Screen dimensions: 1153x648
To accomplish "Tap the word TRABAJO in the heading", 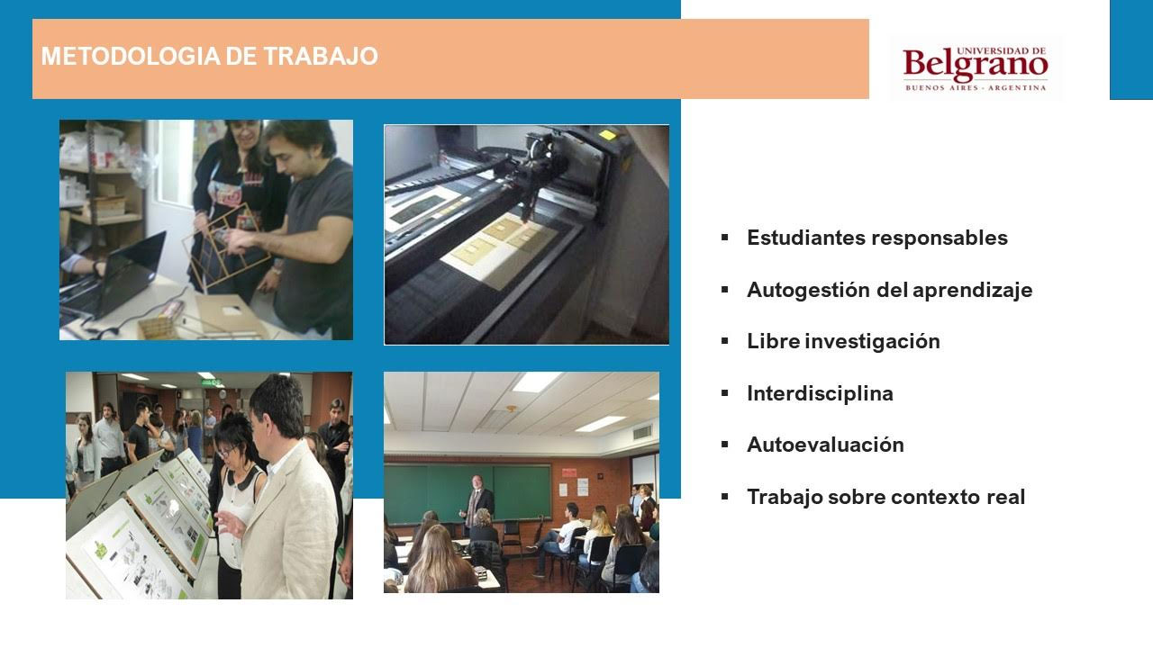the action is pyautogui.click(x=322, y=56).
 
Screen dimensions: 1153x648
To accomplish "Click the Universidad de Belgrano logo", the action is pyautogui.click(x=976, y=68).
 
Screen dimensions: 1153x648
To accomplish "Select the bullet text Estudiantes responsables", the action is pyautogui.click(x=877, y=238).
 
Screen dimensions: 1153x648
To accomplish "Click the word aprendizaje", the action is pyautogui.click(x=972, y=291).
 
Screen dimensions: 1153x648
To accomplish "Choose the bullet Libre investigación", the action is pyautogui.click(x=843, y=342).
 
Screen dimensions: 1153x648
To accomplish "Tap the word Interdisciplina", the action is pyautogui.click(x=820, y=393).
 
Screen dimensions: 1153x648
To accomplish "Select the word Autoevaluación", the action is pyautogui.click(x=825, y=445).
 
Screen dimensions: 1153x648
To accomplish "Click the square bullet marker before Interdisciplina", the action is pyautogui.click(x=725, y=393).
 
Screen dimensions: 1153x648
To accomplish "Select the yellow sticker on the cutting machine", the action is pyautogui.click(x=608, y=135).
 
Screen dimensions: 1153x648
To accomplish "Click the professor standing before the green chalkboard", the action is pyautogui.click(x=478, y=506).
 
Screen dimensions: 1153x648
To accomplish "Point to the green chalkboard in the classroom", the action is pyautogui.click(x=468, y=494).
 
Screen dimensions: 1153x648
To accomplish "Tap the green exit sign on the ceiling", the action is pyautogui.click(x=211, y=382).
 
